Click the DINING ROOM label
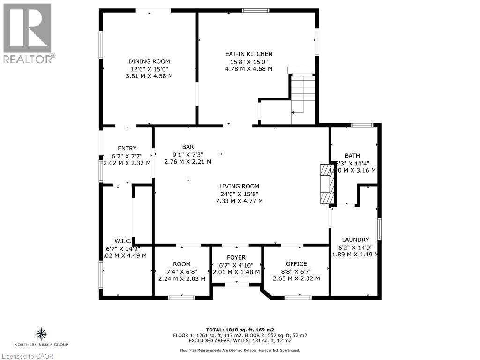(x=149, y=61)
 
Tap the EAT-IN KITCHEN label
(x=248, y=54)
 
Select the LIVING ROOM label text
(x=239, y=186)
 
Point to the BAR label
(x=188, y=146)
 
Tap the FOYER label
(x=236, y=257)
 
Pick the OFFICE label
(x=296, y=264)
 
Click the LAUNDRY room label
(x=355, y=240)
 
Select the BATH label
(x=352, y=156)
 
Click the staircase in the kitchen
(x=302, y=94)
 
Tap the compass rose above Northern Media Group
(x=42, y=334)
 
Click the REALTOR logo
(x=27, y=33)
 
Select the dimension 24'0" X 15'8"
(x=239, y=194)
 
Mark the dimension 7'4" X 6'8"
(x=182, y=271)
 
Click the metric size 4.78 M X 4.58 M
(x=248, y=69)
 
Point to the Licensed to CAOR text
(x=27, y=356)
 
